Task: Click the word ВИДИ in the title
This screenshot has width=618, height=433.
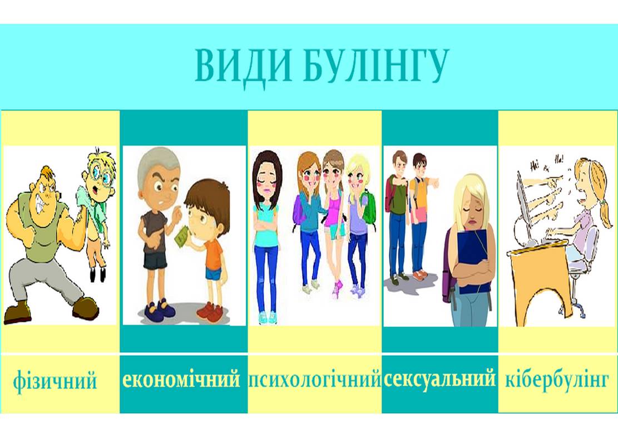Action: click(243, 66)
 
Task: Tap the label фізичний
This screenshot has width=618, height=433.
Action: click(55, 381)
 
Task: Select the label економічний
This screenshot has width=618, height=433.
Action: click(181, 379)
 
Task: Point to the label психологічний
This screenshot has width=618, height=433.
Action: click(314, 380)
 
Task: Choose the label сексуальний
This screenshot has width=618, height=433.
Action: click(439, 379)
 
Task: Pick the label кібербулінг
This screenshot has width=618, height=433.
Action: click(557, 380)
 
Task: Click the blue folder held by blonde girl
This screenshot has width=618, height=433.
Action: click(473, 260)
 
